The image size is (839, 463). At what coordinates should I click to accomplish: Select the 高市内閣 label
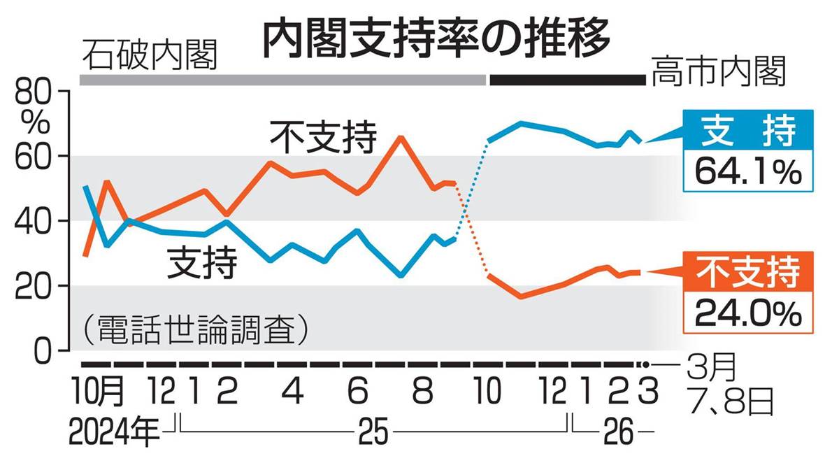tap(719, 72)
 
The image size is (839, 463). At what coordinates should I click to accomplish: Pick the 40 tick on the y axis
tap(34, 221)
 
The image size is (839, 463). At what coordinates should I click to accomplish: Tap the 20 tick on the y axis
tap(34, 286)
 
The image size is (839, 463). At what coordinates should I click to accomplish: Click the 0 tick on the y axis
tap(43, 350)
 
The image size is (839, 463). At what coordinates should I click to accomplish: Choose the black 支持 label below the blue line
tap(201, 264)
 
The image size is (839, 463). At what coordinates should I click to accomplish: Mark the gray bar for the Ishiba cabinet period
tap(282, 80)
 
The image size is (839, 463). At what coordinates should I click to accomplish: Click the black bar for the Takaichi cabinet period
tap(567, 80)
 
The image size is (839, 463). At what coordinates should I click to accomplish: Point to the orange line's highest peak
tap(399, 137)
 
